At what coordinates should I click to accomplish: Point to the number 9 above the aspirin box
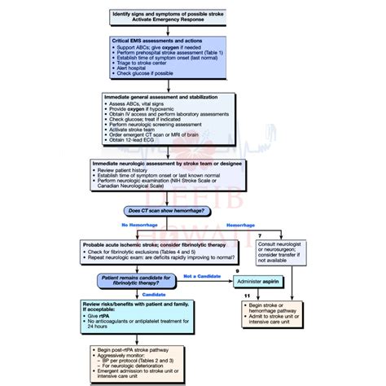236,270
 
